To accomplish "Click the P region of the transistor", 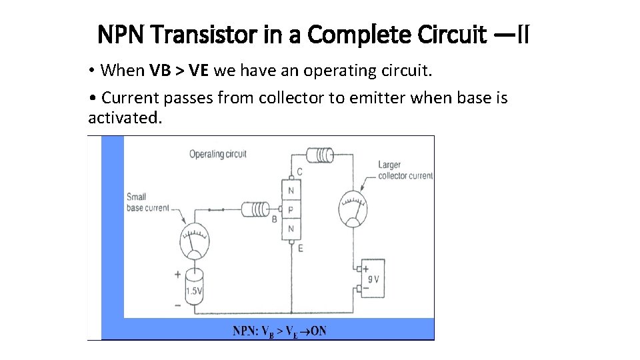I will point(291,210).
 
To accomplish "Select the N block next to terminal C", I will point(291,191).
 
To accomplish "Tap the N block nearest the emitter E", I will point(291,229).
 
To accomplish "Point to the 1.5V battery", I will point(195,287).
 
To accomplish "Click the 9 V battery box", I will point(372,279).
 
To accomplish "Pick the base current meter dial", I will point(194,241).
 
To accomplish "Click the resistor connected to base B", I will point(255,210).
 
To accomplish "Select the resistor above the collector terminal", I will point(320,155).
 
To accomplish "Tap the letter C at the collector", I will point(299,172).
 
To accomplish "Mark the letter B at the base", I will point(274,219).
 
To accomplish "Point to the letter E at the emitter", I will point(301,248).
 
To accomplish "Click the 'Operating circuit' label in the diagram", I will point(217,154).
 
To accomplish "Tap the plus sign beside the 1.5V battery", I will point(177,274).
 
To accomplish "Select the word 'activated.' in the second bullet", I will point(125,118).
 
